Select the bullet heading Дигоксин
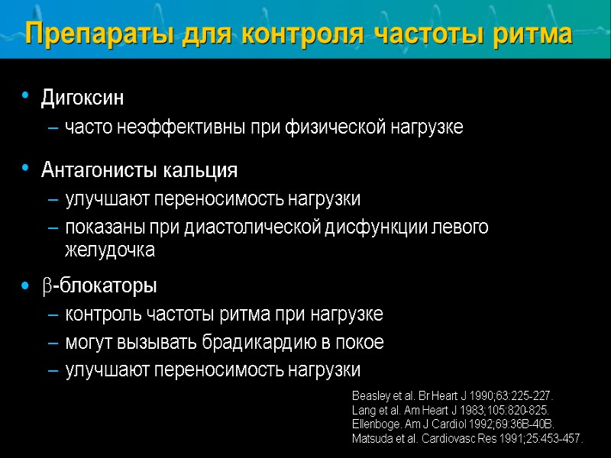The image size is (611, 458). (x=82, y=98)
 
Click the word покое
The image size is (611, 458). (x=361, y=343)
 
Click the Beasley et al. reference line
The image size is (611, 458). (x=452, y=397)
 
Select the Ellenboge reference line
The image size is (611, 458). (x=453, y=424)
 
